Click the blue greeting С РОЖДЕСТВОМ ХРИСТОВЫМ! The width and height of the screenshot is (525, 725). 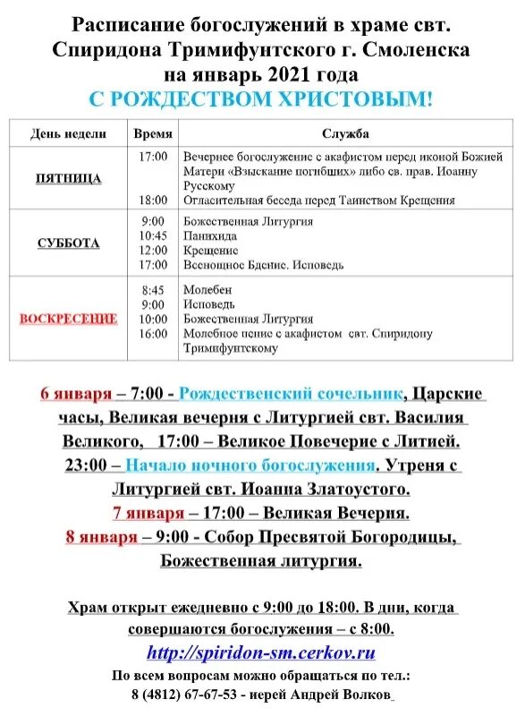(261, 98)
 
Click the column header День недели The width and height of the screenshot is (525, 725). (68, 133)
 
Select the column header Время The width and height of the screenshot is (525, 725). (153, 133)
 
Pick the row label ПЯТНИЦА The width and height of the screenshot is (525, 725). (69, 178)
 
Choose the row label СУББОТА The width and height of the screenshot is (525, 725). (69, 243)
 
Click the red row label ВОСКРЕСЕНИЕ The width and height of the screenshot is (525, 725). (69, 318)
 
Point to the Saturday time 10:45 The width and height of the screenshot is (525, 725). (153, 235)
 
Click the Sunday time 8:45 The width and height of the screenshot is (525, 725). (153, 290)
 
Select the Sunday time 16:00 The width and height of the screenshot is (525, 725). (153, 334)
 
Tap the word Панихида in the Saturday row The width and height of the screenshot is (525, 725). (211, 235)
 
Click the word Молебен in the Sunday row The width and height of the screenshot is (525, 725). (207, 290)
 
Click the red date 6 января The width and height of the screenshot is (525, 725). (76, 395)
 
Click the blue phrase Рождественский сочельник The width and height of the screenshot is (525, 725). (290, 395)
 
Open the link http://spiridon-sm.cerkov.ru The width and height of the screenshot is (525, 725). (261, 652)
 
